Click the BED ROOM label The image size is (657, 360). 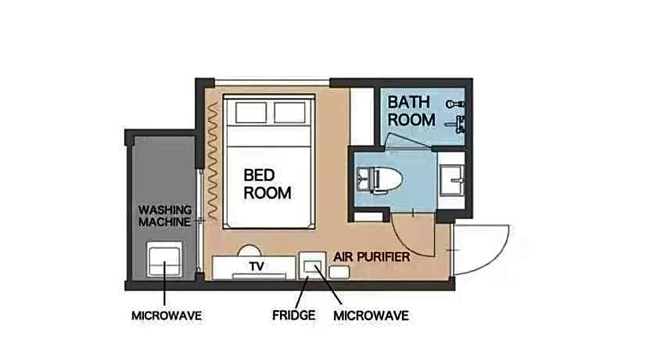coord(267,184)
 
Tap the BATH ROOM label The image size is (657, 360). coord(411,111)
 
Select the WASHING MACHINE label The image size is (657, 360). coord(165,216)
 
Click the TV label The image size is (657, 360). coord(257,266)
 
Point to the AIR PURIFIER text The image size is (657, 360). coord(372,257)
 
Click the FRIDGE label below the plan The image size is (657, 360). coord(294,315)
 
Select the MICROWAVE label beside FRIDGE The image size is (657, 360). coord(371,315)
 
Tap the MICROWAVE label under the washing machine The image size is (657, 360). coord(167,315)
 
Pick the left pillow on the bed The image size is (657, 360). coord(251,113)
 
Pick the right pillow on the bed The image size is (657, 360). coord(289,113)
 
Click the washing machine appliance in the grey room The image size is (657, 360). coord(165,259)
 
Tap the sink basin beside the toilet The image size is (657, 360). coord(452,180)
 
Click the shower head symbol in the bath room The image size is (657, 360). coord(454,104)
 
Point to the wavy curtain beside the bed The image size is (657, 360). coord(213,161)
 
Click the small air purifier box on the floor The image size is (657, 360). coord(339,272)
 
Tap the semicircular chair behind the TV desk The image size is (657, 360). coord(250,250)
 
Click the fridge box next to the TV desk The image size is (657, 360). coord(312,266)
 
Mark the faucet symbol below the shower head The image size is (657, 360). coord(456,124)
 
